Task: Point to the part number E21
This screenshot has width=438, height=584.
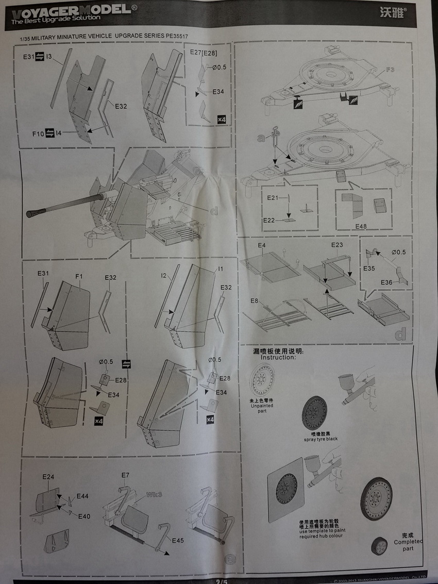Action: (273, 198)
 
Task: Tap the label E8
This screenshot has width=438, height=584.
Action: (254, 301)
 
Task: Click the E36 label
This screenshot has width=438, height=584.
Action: (388, 281)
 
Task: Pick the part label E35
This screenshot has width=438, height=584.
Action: (368, 269)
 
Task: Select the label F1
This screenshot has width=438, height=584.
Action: (79, 277)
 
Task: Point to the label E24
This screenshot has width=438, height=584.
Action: (48, 477)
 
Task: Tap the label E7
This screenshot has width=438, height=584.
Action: (125, 475)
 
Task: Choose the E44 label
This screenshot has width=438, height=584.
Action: (82, 496)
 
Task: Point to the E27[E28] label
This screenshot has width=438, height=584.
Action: (202, 53)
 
